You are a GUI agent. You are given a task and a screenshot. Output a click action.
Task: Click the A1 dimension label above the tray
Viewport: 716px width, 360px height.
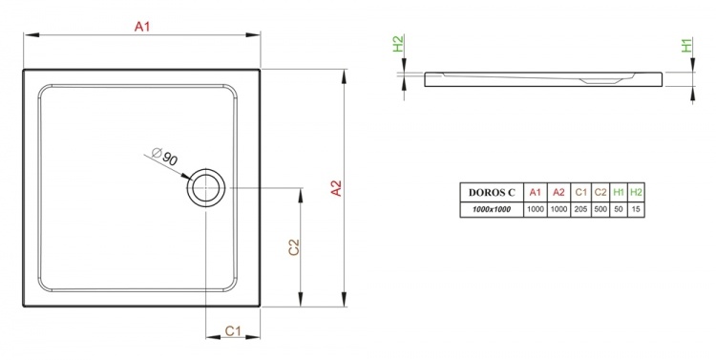tap(142, 27)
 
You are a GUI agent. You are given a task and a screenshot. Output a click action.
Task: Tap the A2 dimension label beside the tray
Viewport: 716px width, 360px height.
tap(336, 189)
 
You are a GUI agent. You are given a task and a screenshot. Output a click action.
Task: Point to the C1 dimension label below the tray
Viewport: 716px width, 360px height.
tap(233, 330)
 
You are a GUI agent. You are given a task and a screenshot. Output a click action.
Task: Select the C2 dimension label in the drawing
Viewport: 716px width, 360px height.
tap(294, 247)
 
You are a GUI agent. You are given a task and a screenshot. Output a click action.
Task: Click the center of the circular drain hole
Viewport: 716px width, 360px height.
tap(206, 188)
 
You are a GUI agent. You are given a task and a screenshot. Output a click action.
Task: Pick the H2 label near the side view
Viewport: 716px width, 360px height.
tap(399, 44)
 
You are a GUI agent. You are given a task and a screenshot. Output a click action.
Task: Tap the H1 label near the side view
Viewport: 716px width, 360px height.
tap(686, 45)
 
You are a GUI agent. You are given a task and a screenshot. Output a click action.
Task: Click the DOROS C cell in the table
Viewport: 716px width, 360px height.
tap(492, 192)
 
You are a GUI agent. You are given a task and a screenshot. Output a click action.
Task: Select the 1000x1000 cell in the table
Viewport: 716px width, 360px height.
tap(492, 210)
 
